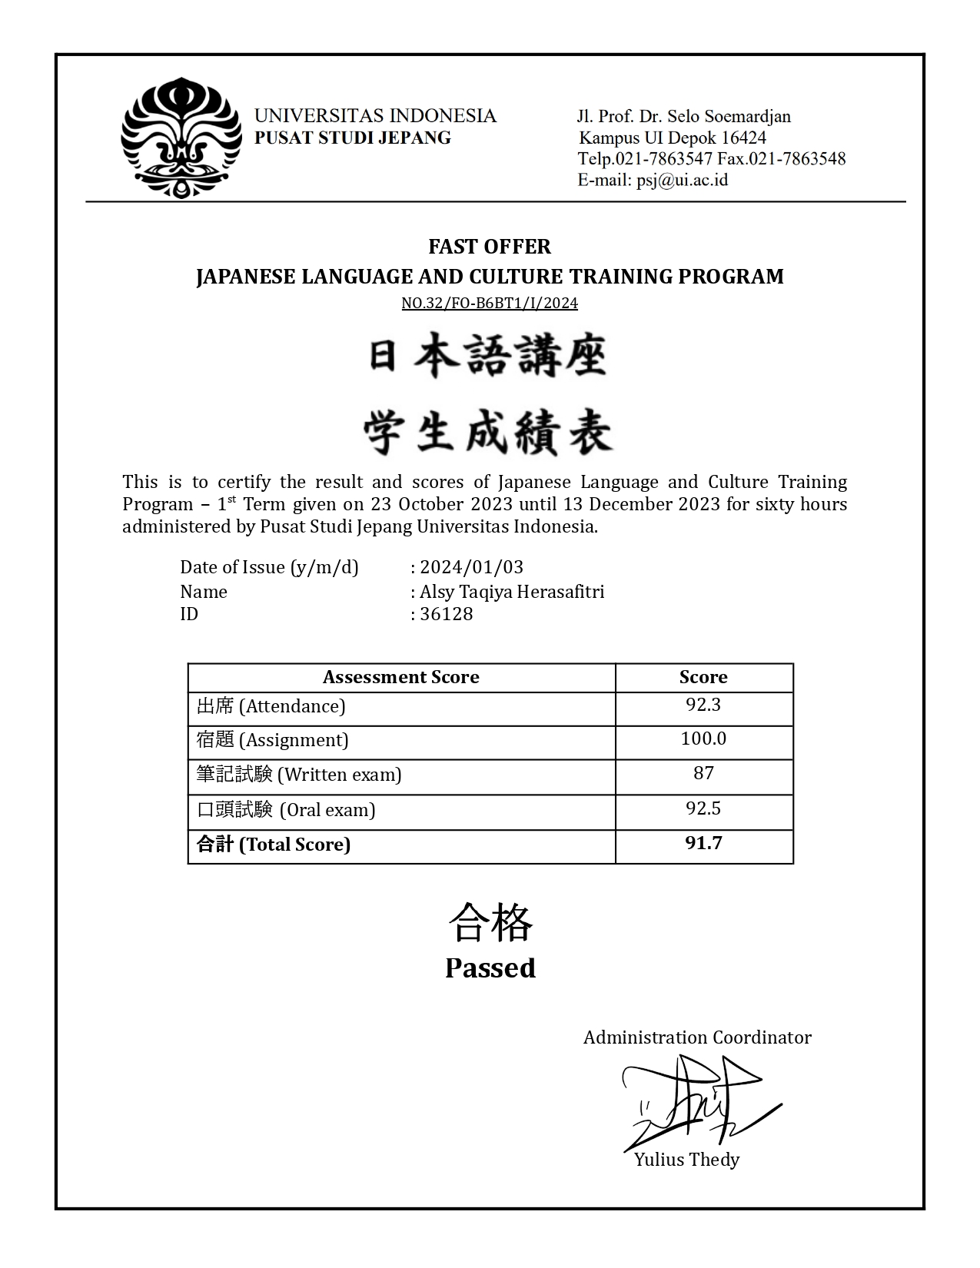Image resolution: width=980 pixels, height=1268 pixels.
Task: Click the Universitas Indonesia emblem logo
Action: click(x=181, y=138)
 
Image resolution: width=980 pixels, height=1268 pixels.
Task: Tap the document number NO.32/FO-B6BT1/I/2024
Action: click(x=490, y=303)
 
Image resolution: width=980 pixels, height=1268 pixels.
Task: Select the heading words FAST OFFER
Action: click(x=490, y=247)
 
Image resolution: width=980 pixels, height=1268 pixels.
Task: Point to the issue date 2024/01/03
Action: click(x=472, y=567)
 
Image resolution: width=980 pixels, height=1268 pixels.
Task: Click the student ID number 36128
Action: click(x=446, y=614)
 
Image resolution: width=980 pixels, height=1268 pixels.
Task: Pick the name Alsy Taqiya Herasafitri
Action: click(x=512, y=592)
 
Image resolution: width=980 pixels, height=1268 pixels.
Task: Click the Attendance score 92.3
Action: click(x=703, y=705)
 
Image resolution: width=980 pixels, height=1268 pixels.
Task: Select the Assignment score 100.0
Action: click(x=703, y=739)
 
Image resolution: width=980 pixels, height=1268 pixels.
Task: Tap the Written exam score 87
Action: click(x=703, y=773)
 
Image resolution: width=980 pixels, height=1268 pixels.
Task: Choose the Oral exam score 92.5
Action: click(x=703, y=808)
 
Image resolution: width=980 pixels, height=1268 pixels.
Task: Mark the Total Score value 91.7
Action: click(x=703, y=843)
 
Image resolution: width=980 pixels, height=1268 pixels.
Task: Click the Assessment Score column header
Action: click(x=400, y=677)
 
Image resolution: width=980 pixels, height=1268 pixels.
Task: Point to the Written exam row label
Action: click(x=299, y=774)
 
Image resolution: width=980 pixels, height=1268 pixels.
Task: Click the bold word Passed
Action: click(x=490, y=968)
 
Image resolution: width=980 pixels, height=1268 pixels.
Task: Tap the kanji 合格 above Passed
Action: click(x=490, y=923)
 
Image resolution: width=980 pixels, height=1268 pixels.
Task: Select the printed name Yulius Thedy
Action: click(x=686, y=1160)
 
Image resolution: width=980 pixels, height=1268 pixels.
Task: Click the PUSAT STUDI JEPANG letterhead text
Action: click(x=353, y=138)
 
